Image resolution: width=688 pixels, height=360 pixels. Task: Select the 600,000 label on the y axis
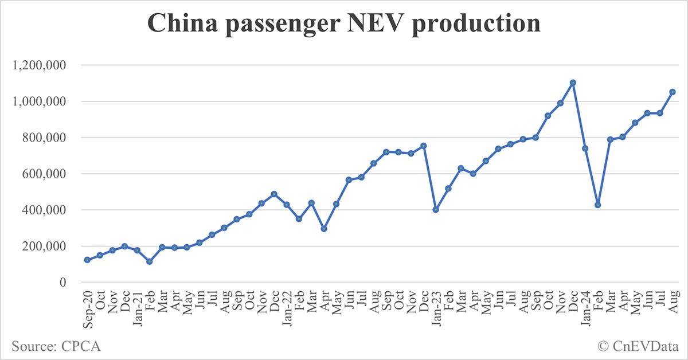pyautogui.click(x=45, y=174)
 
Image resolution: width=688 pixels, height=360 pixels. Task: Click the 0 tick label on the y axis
pyautogui.click(x=64, y=283)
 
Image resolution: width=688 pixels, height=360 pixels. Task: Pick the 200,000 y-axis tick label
pyautogui.click(x=45, y=246)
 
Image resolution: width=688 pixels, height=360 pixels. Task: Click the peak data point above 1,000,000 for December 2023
pyautogui.click(x=573, y=83)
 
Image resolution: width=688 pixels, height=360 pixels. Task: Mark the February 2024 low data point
pyautogui.click(x=597, y=205)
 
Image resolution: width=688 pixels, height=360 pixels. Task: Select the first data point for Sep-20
pyautogui.click(x=87, y=260)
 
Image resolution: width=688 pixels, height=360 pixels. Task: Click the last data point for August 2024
pyautogui.click(x=672, y=92)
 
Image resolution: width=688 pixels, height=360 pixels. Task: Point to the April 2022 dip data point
pyautogui.click(x=324, y=229)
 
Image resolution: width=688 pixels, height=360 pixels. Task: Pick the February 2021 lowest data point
pyautogui.click(x=150, y=261)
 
